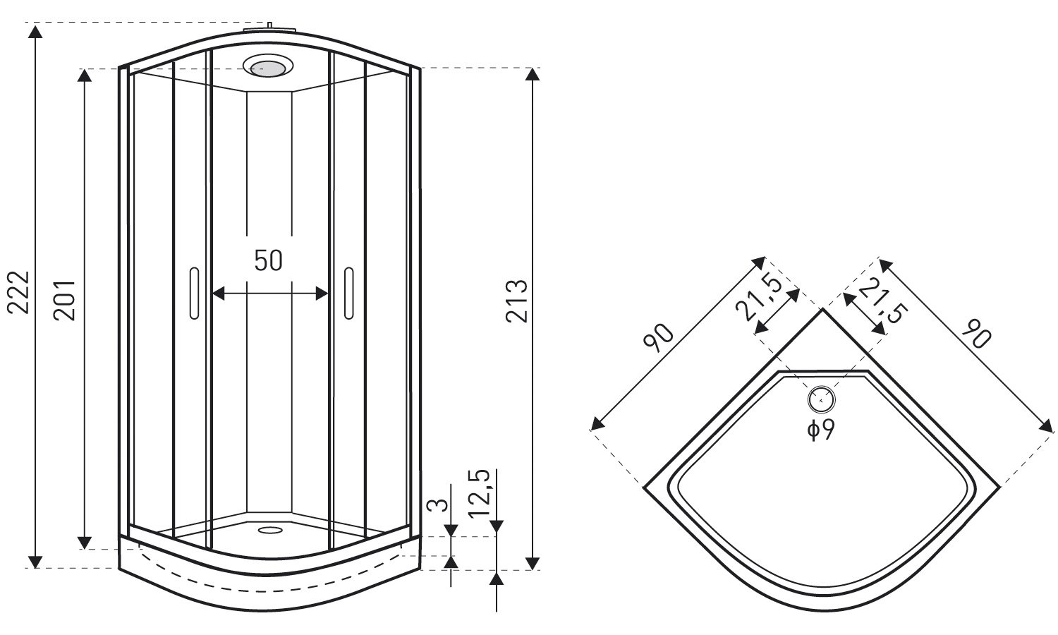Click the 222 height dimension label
(19, 292)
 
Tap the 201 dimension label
(64, 301)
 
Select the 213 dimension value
(516, 301)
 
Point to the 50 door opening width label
(268, 260)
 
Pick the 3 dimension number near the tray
(437, 504)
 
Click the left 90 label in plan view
(658, 337)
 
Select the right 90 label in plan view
(976, 333)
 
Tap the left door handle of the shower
(194, 293)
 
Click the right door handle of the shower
(348, 293)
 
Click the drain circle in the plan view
(822, 400)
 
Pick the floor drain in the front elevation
(269, 530)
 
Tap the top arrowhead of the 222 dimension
(35, 31)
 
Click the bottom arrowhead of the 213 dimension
(533, 563)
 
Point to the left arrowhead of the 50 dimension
(218, 294)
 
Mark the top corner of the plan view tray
(822, 310)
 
